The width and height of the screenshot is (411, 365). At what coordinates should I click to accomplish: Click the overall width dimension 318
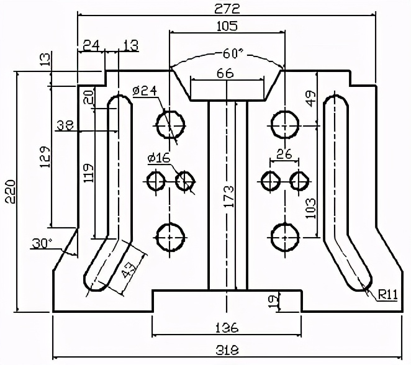(x=227, y=350)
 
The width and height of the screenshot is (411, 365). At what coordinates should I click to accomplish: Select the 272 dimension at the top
(x=227, y=8)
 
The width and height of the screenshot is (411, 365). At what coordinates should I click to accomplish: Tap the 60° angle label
(x=227, y=53)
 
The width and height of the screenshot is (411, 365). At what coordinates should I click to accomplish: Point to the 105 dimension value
(x=227, y=25)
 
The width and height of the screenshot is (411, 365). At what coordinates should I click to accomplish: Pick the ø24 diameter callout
(x=144, y=91)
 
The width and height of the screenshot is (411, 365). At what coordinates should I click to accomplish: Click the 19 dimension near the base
(x=272, y=301)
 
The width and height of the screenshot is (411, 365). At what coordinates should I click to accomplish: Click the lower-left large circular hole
(x=170, y=237)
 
